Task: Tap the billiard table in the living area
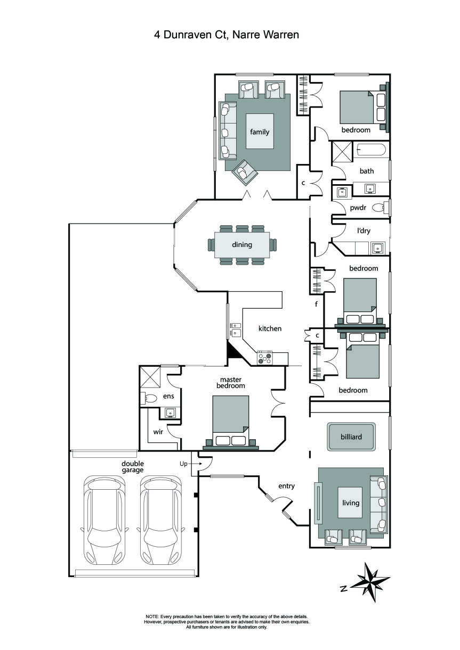point(351,437)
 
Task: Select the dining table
point(242,245)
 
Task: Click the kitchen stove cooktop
point(265,358)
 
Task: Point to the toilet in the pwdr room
point(380,208)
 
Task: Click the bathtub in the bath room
point(371,150)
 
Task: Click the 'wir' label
point(159,432)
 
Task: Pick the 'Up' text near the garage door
point(183,464)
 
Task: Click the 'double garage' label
point(132,467)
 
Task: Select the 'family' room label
point(260,132)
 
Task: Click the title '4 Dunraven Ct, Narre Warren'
point(227,35)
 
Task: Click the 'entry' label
point(286,486)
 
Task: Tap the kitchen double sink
point(235,329)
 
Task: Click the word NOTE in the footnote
point(152,616)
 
